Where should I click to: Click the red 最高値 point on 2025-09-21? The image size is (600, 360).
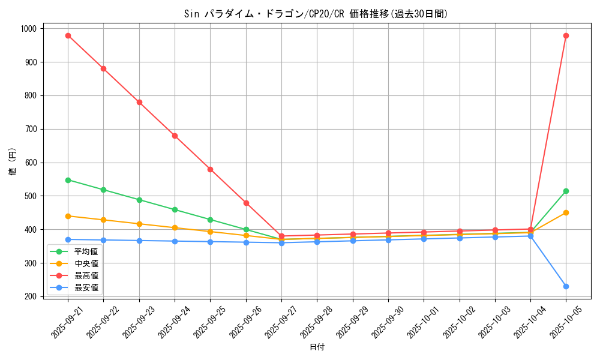[x=68, y=35]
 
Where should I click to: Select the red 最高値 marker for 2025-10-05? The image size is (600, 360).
[x=566, y=35]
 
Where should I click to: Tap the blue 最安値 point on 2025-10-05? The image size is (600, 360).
[x=566, y=286]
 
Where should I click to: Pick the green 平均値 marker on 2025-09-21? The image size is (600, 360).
[x=68, y=180]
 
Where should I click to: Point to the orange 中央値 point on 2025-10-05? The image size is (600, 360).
[x=566, y=212]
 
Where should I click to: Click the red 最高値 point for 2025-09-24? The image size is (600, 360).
[x=175, y=136]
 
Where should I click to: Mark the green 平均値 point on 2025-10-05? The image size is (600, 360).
[x=566, y=191]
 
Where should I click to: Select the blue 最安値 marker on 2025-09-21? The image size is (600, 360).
[x=68, y=239]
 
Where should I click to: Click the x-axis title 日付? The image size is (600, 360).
[x=317, y=347]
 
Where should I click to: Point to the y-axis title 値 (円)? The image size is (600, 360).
[x=12, y=162]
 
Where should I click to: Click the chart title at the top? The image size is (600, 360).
[x=317, y=14]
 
